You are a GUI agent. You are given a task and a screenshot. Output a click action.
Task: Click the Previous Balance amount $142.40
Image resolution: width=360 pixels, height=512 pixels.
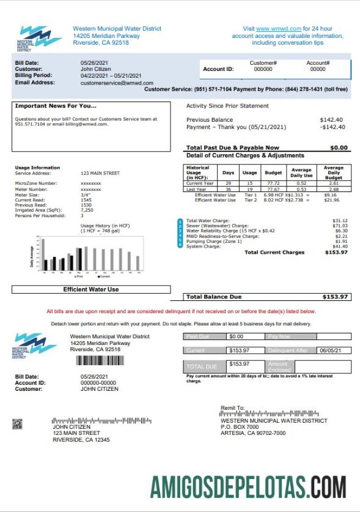331,120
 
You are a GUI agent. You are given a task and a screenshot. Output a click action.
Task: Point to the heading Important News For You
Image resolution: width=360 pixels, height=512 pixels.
56,106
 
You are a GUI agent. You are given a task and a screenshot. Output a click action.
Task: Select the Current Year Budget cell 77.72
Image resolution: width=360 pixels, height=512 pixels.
273,184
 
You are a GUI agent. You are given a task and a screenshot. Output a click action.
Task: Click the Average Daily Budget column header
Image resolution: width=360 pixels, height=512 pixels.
333,172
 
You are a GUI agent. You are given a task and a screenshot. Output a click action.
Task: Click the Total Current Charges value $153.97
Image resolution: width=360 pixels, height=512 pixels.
336,252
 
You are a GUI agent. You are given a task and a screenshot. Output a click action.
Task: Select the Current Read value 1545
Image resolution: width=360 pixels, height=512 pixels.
86,199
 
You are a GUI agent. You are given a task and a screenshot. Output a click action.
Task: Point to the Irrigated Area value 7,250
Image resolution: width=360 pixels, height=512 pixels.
87,210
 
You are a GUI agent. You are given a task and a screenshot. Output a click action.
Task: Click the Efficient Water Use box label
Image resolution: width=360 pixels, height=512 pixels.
91,289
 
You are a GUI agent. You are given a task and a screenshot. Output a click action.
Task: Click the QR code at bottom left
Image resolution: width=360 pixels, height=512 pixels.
17,423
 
